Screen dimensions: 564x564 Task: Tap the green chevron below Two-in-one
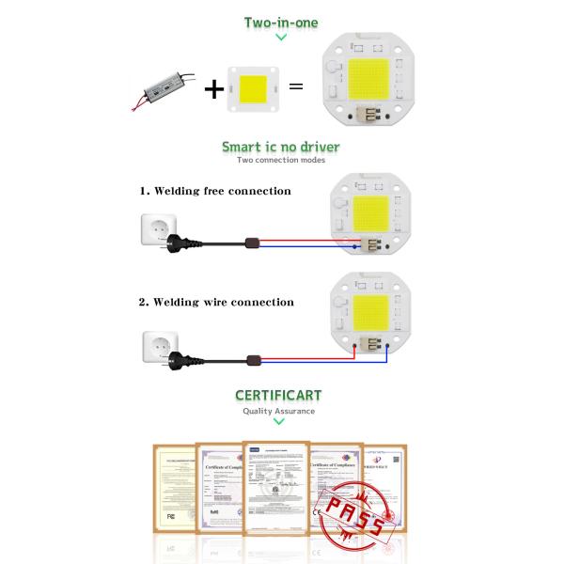pyautogui.click(x=280, y=38)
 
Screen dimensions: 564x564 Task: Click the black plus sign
pyautogui.click(x=215, y=89)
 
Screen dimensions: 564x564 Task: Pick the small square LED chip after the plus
pyautogui.click(x=252, y=88)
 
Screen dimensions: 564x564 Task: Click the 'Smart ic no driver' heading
pyautogui.click(x=280, y=147)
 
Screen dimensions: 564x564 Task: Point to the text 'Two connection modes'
pyautogui.click(x=280, y=161)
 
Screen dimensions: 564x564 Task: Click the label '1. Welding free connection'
pyautogui.click(x=215, y=191)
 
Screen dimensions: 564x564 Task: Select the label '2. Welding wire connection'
pyautogui.click(x=216, y=302)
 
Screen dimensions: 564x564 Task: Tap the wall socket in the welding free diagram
pyautogui.click(x=158, y=228)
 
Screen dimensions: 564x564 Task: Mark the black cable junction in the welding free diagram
pyautogui.click(x=251, y=243)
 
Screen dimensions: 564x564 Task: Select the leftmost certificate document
pyautogui.click(x=175, y=490)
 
